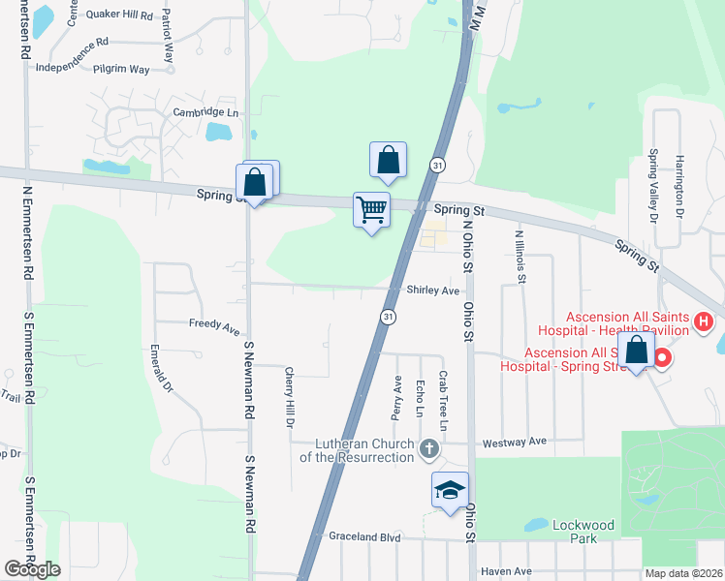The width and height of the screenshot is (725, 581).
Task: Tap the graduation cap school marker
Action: [451, 490]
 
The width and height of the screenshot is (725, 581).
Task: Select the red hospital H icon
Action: [705, 321]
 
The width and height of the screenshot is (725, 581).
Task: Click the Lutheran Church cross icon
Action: [430, 448]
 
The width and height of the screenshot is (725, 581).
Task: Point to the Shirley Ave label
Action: [432, 290]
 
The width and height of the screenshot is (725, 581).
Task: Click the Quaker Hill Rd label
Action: [120, 15]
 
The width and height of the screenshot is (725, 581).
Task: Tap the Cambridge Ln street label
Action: [205, 112]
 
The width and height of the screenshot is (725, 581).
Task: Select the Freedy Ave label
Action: [214, 327]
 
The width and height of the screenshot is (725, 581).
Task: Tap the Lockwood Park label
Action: [583, 531]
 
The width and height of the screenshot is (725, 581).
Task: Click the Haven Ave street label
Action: [507, 571]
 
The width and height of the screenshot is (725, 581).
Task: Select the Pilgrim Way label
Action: [121, 70]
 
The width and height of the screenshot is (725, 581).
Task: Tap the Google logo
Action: [33, 569]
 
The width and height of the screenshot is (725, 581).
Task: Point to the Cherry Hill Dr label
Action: [289, 397]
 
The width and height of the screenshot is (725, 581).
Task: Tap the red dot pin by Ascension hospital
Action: [663, 359]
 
